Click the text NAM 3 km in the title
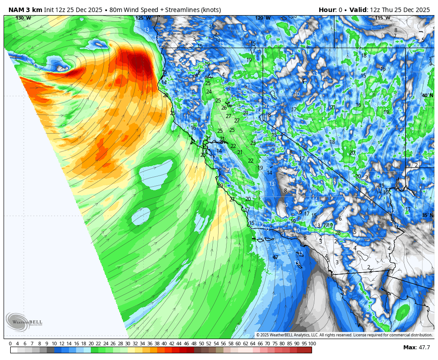click(x=25, y=10)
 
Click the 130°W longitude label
click(x=23, y=18)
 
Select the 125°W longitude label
click(x=143, y=18)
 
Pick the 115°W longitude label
click(x=382, y=18)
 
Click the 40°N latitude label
click(x=427, y=96)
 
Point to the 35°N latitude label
click(x=427, y=216)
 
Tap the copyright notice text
click(x=344, y=335)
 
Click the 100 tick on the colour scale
click(x=312, y=344)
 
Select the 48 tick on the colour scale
click(x=194, y=344)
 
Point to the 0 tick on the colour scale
click(x=10, y=344)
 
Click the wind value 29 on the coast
click(x=220, y=186)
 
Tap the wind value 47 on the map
click(x=276, y=258)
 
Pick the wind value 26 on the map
click(x=224, y=108)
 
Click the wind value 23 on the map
click(x=253, y=143)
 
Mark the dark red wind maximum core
click(x=142, y=64)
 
